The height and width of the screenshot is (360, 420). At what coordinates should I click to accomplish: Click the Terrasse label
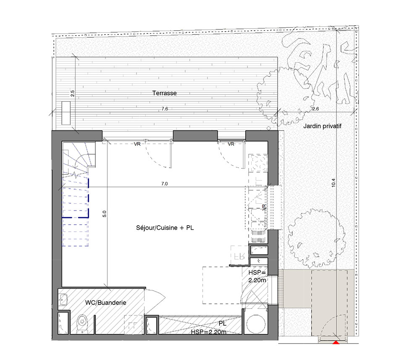[x=165, y=93]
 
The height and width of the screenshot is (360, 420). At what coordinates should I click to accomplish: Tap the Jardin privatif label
[x=322, y=126]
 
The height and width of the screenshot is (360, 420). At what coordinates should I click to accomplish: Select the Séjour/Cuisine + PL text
[x=165, y=228]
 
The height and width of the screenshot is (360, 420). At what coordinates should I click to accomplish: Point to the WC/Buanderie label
[x=105, y=303]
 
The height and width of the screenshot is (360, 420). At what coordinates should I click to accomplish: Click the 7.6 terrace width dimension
[x=165, y=109]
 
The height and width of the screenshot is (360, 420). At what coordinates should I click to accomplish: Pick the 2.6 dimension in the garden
[x=315, y=109]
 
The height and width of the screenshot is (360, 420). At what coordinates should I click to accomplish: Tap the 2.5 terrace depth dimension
[x=72, y=94]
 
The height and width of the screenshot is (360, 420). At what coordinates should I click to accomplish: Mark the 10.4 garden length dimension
[x=333, y=183]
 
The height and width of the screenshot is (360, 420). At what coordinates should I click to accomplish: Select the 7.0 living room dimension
[x=165, y=184]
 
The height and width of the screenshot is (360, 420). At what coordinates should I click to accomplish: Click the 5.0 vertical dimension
[x=105, y=214]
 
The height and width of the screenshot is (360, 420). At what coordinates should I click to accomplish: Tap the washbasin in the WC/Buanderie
[x=63, y=299]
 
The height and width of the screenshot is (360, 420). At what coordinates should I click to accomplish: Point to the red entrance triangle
[x=336, y=342]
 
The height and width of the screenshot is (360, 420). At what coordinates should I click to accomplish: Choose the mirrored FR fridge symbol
[x=239, y=256]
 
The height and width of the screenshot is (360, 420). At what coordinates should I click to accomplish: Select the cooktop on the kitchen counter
[x=258, y=162]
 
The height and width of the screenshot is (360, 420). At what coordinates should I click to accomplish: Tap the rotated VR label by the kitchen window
[x=264, y=208]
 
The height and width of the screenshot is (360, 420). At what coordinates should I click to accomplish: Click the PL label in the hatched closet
[x=222, y=323]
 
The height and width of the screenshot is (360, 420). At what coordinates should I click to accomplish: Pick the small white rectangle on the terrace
[x=66, y=113]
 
